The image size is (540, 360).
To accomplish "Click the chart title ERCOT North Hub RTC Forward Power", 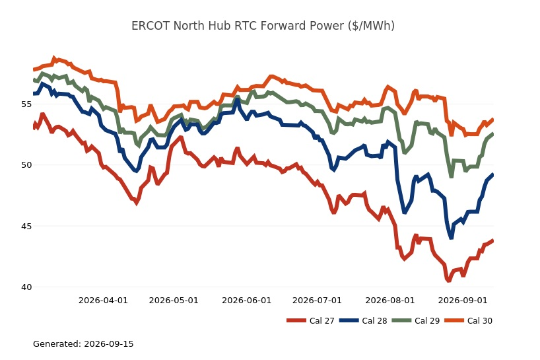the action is [x=263, y=26].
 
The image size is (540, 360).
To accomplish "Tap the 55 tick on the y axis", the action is [x=26, y=104].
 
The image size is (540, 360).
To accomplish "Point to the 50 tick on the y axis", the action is [x=26, y=165].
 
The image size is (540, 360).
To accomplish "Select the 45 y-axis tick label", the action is [x=26, y=227].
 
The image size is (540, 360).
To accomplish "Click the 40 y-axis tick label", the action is [x=26, y=287].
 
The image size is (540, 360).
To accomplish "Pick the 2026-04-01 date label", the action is [x=104, y=301].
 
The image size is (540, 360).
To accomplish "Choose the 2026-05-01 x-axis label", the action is [x=174, y=301].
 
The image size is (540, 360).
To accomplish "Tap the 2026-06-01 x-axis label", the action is [x=247, y=301].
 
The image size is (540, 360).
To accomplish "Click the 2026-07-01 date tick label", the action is [x=317, y=301].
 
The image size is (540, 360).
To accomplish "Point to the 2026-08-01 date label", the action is [x=390, y=301].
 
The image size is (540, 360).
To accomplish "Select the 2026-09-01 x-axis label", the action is [x=463, y=301].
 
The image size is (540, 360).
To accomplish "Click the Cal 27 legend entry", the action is [x=310, y=321].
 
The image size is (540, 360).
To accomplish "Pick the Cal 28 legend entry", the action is [x=363, y=321].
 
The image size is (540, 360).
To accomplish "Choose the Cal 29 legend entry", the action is [x=416, y=321].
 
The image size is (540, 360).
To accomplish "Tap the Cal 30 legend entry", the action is [x=468, y=321].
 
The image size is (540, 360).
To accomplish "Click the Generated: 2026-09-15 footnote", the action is [x=83, y=343].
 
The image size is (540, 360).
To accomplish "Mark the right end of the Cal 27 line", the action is [x=493, y=240].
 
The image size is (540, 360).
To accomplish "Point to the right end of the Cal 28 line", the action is [x=493, y=174].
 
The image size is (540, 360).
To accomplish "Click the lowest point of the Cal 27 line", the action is [x=448, y=281].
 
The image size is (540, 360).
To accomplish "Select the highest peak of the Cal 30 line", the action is [x=54, y=57].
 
